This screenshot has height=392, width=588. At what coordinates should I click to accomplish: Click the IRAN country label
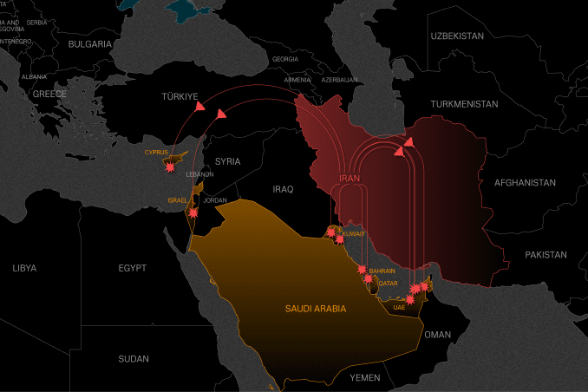tap(348, 178)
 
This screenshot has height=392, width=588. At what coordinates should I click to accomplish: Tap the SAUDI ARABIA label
tap(316, 309)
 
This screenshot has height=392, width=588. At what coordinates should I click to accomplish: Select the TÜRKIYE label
tap(180, 96)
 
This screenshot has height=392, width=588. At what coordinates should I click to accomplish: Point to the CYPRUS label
tap(156, 153)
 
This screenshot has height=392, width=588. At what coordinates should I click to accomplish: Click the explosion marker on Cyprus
tap(168, 168)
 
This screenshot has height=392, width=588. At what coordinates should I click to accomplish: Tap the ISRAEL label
tap(178, 200)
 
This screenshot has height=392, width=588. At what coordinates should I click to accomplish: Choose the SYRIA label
tap(227, 161)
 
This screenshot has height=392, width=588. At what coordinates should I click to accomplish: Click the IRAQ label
tap(283, 189)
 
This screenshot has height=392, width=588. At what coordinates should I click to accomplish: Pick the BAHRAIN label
tap(382, 271)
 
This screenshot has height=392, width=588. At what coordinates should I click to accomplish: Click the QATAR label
tap(387, 284)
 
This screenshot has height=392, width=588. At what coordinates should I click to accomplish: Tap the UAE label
tap(399, 307)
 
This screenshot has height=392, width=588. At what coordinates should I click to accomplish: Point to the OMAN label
tap(438, 335)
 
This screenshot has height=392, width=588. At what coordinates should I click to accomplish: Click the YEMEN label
tap(365, 378)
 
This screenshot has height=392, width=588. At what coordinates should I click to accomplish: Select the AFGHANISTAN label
tap(525, 183)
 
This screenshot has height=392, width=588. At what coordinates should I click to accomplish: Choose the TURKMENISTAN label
tap(465, 104)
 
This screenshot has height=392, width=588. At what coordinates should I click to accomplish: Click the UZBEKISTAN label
tap(456, 36)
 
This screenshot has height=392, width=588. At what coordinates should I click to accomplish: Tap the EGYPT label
tap(132, 268)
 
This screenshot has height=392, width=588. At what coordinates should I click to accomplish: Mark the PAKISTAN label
tap(546, 255)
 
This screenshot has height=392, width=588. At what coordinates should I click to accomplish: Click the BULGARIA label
tap(90, 43)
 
